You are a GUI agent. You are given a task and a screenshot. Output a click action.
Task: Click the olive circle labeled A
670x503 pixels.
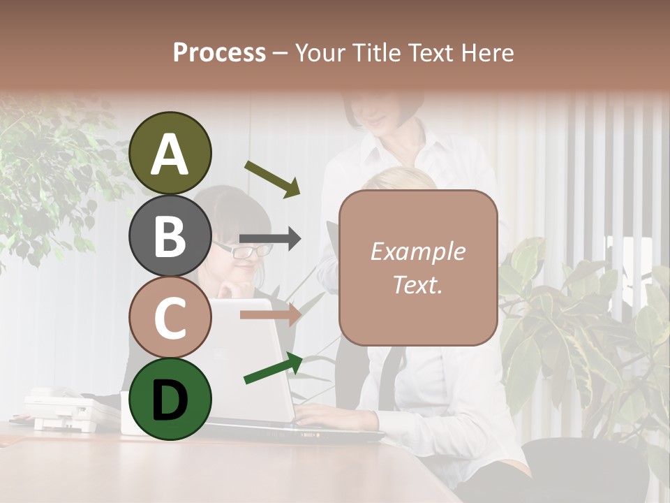tap(170, 153)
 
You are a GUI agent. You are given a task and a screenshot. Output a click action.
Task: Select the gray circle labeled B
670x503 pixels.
tap(170, 235)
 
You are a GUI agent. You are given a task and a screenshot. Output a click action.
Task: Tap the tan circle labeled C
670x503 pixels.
tap(170, 317)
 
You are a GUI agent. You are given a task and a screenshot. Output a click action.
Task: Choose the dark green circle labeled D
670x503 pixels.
tap(170, 399)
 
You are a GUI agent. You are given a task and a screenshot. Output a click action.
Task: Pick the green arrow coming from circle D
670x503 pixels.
tap(273, 368)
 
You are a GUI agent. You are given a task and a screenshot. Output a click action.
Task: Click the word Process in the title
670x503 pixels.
tap(219, 52)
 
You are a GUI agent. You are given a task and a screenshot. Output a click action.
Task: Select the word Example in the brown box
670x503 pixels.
tap(417, 251)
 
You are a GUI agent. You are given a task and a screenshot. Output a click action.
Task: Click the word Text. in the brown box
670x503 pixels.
tap(417, 284)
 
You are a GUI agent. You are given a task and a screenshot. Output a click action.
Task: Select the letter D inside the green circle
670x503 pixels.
tap(170, 400)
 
